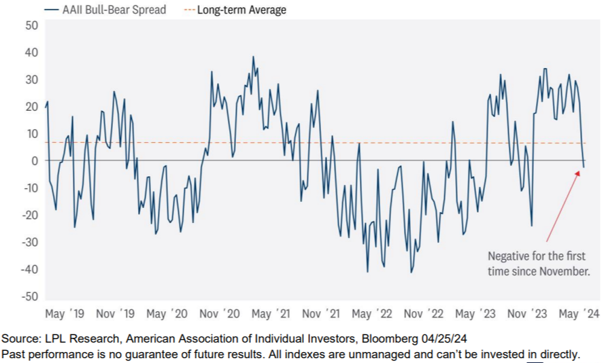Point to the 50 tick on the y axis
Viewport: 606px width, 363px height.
pos(31,25)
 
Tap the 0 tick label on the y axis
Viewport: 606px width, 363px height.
pos(33,161)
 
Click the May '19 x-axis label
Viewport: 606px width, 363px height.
pos(65,314)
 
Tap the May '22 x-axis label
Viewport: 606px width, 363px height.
pos(372,314)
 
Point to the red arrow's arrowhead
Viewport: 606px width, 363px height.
pos(579,173)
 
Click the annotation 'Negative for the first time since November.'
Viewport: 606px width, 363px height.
pos(538,264)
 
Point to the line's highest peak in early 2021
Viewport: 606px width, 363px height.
pos(253,57)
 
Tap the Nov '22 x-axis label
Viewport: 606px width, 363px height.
pos(424,314)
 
